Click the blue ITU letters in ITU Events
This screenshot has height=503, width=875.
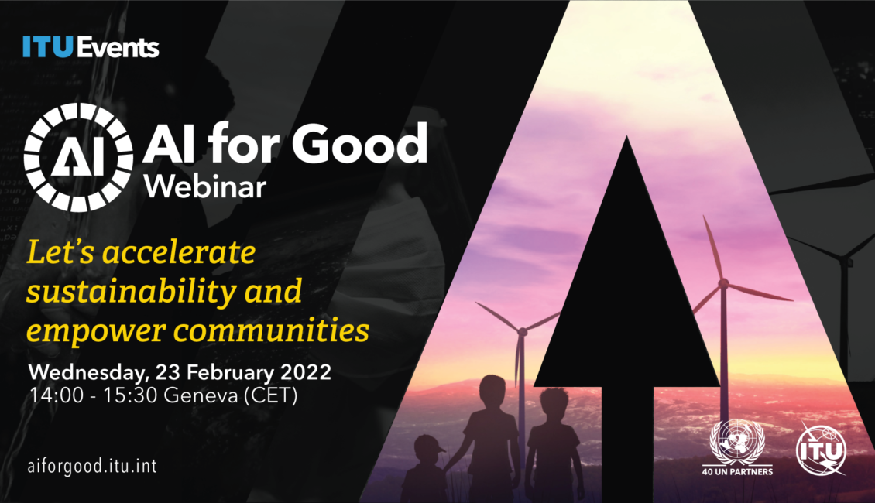(x=48, y=47)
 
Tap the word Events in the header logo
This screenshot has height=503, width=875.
(x=118, y=47)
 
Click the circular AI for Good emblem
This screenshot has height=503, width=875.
(x=78, y=157)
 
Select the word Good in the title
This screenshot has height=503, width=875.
(x=359, y=144)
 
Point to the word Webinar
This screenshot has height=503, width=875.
(x=204, y=186)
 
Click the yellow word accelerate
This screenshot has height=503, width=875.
(x=179, y=252)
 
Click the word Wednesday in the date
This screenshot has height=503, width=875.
(x=89, y=372)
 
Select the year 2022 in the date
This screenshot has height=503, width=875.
(x=306, y=372)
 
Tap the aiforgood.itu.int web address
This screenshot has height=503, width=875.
(x=92, y=466)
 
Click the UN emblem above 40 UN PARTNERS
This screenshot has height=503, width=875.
(x=737, y=440)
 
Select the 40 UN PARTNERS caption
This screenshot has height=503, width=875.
(x=737, y=471)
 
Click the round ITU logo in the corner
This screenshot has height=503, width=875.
(x=822, y=450)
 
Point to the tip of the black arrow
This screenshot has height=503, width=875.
(x=626, y=136)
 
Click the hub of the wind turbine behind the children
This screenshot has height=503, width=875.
(x=523, y=332)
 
